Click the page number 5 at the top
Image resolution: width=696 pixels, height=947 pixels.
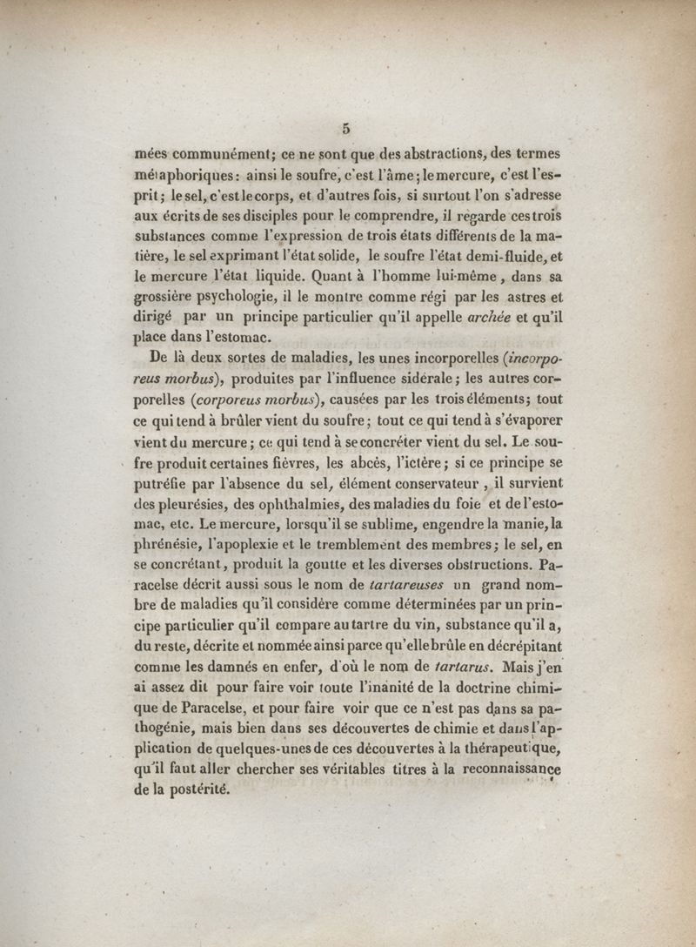pyautogui.click(x=346, y=127)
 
